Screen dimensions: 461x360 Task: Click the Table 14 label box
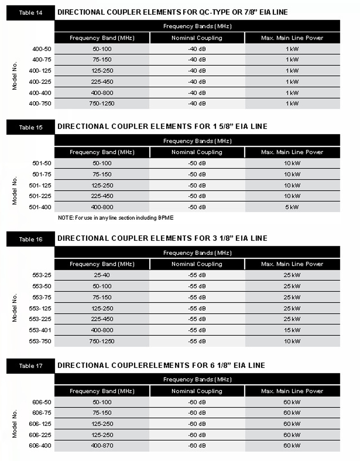coord(31,13)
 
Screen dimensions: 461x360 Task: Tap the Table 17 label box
coord(31,366)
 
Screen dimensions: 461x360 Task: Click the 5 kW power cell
coord(292,207)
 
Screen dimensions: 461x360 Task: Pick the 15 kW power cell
coord(292,330)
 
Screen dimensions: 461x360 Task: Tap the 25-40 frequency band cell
coord(102,275)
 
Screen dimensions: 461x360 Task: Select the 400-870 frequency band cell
coord(102,445)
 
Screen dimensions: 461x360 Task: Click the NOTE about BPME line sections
coord(116,218)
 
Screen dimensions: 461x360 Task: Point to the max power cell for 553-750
coord(292,341)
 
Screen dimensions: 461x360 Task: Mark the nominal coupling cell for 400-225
coord(197,82)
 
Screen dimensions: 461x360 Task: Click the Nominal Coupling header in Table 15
coord(197,152)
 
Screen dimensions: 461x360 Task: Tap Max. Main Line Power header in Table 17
coord(292,391)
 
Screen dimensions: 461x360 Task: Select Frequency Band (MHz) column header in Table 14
coord(102,38)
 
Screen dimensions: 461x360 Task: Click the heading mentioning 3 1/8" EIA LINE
coord(162,238)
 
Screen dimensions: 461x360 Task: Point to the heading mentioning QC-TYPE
coord(172,12)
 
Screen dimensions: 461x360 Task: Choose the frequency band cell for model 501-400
coord(102,207)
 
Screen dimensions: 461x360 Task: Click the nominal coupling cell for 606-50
coord(197,402)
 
